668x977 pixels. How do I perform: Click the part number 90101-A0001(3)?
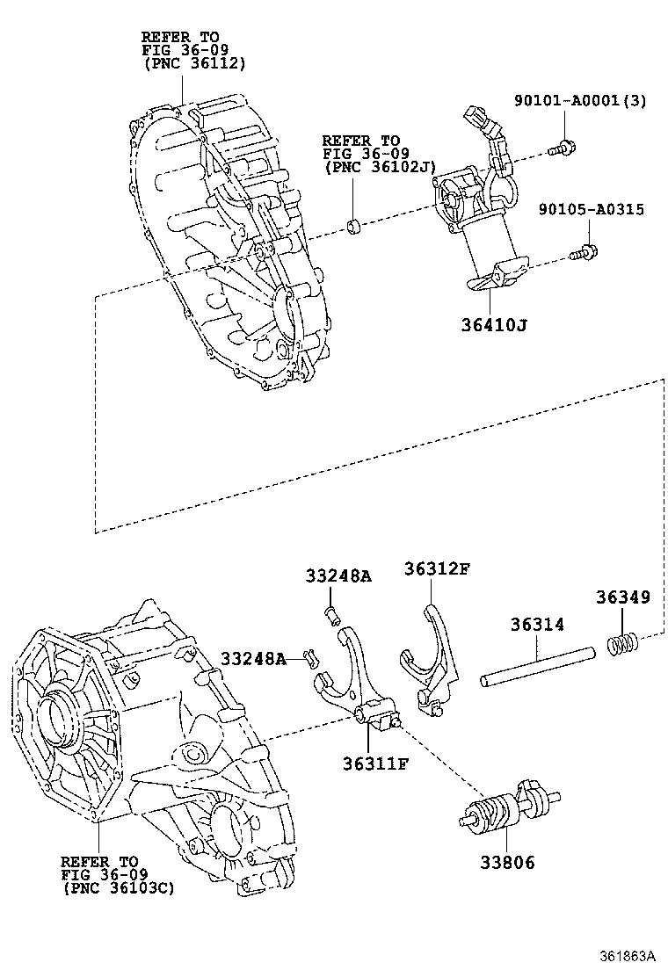[579, 101]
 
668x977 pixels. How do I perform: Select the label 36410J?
[495, 326]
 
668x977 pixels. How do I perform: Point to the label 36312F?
[437, 568]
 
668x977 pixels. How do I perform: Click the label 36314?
[537, 625]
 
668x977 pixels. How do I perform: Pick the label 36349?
[622, 597]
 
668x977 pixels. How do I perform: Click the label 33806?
[505, 863]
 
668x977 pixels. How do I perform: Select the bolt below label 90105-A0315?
[583, 254]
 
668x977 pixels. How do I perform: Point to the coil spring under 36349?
[622, 646]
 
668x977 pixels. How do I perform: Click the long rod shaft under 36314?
[537, 665]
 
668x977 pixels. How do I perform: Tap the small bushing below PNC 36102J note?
[353, 228]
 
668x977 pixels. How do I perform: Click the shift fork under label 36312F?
[431, 655]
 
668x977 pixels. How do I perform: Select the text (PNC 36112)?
[193, 63]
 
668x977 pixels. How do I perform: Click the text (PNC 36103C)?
[119, 887]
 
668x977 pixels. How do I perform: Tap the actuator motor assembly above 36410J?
[475, 211]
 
